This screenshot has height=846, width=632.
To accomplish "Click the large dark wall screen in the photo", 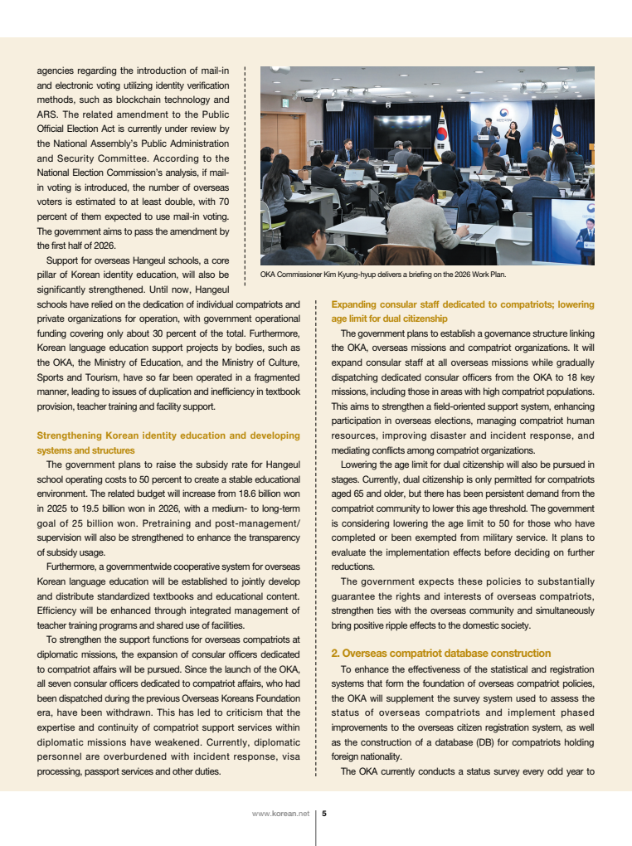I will point(402,131).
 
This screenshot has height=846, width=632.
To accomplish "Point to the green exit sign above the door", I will point(284,103).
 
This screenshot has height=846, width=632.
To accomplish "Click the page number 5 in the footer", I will point(324,813).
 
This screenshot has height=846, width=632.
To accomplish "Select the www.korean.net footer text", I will point(280,813).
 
